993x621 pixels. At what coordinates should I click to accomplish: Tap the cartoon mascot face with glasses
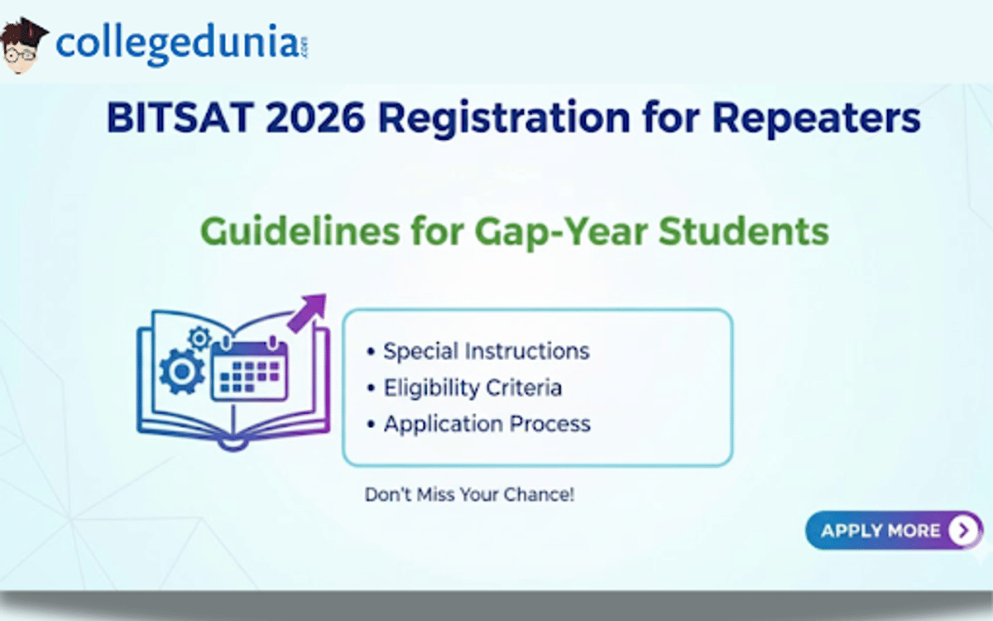tap(22, 46)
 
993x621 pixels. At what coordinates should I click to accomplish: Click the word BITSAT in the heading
tap(180, 118)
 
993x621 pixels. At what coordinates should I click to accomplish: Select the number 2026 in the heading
tap(315, 118)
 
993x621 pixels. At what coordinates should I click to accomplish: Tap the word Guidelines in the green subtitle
tap(300, 231)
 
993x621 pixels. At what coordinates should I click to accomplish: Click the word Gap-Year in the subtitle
tap(561, 233)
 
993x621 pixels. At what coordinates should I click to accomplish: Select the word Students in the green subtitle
tap(743, 231)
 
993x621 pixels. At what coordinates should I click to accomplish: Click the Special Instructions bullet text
tap(487, 351)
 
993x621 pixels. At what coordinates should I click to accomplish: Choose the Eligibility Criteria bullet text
tap(473, 388)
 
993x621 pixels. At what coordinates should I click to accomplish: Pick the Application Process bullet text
tap(487, 424)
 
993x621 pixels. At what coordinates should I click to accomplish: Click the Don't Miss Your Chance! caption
tap(469, 494)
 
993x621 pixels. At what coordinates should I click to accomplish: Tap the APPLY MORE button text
tap(880, 531)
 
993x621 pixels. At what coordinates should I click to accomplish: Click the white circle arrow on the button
tap(963, 530)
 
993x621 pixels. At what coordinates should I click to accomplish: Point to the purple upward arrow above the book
tap(307, 313)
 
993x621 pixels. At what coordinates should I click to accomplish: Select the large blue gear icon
tap(182, 372)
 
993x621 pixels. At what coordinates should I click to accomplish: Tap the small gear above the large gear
tap(199, 339)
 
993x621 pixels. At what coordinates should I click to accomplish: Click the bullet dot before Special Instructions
tap(371, 352)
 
